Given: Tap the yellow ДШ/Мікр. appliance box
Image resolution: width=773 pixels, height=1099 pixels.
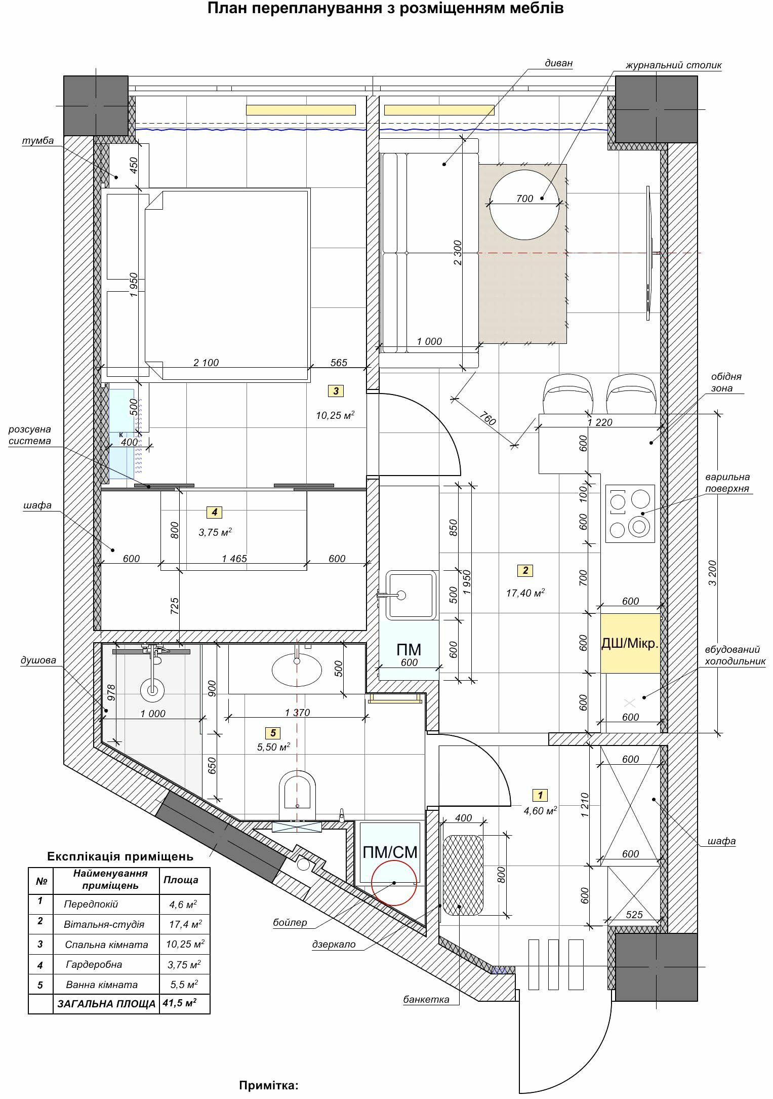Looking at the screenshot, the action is point(630,643).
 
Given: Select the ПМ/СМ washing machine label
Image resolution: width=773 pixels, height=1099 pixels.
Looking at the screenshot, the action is point(390,852).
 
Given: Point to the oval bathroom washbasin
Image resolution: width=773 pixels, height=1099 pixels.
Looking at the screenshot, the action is point(297,670).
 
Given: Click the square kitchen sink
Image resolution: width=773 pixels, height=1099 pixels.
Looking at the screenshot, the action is point(411,595).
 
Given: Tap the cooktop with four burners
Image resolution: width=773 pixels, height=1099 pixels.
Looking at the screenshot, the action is point(630,514).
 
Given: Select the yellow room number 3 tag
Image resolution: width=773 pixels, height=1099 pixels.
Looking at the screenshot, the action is point(336,390).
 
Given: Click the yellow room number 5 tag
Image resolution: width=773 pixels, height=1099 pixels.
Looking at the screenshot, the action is point(273,732).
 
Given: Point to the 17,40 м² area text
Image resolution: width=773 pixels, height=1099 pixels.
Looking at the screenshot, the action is point(525,592).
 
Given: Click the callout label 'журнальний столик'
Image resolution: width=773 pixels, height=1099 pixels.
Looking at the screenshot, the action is point(673,65).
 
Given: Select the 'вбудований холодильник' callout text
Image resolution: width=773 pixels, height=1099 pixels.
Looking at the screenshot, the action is point(735,655).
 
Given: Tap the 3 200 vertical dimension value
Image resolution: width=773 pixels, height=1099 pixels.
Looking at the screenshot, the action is point(712,573).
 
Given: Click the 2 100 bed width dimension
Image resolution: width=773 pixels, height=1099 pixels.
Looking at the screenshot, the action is point(206,362).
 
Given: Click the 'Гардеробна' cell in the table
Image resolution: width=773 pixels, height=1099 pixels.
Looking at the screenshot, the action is point(94,964).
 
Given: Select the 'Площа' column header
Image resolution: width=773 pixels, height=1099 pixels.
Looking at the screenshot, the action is point(181,880).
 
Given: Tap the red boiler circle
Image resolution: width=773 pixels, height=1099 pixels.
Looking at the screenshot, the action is point(394,882).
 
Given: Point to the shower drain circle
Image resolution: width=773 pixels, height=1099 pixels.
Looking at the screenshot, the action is point(152,690).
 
